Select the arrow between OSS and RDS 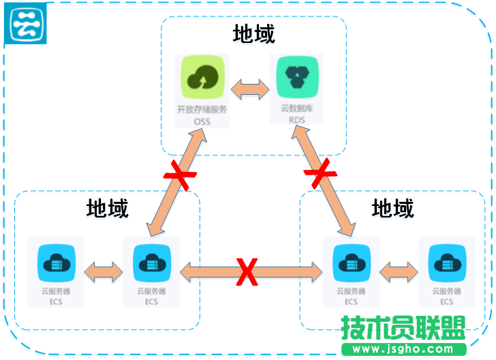[x=249, y=89]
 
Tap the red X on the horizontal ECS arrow [x=247, y=272]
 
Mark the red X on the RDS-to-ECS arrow [x=320, y=175]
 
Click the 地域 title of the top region [x=253, y=34]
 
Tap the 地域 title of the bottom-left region [x=108, y=208]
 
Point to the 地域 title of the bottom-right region [x=393, y=208]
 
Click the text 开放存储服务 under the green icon [x=202, y=109]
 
